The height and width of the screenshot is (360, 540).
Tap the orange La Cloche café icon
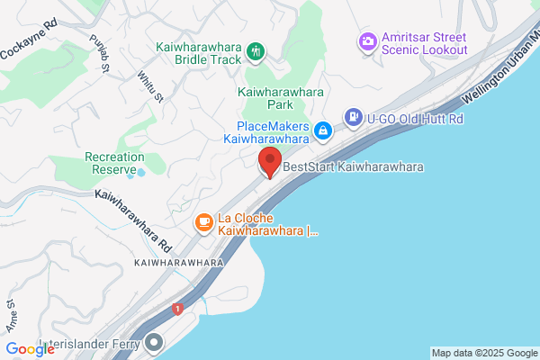204,220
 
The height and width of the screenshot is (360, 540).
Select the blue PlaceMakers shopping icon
322,133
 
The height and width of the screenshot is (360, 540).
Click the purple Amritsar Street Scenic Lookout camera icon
366,40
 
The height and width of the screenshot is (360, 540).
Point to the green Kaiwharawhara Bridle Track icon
256,50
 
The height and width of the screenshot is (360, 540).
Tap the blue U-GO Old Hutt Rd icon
353,117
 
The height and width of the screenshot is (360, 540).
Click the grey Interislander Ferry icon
156,342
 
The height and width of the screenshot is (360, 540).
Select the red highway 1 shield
178,310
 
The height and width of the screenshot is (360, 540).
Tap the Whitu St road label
149,87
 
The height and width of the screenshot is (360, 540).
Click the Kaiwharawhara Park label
280,98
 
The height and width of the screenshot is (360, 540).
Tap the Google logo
31,349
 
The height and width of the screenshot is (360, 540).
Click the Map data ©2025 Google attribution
484,353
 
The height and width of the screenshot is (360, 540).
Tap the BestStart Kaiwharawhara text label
354,166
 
